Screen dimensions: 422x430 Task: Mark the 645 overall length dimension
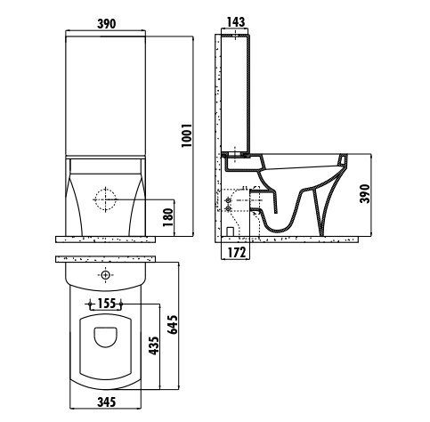[184, 329]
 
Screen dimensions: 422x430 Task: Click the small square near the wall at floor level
[230, 229]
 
